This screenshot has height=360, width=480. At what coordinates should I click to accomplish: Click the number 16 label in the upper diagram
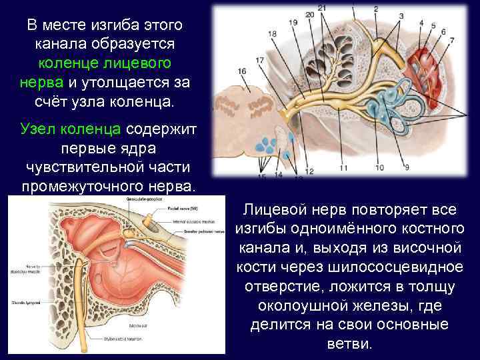[241, 71]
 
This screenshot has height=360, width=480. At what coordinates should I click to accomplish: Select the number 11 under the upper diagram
[343, 169]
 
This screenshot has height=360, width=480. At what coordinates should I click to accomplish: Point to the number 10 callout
[379, 169]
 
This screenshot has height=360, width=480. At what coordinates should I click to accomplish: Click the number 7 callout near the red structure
[453, 40]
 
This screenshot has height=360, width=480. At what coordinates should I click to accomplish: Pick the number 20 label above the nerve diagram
[309, 14]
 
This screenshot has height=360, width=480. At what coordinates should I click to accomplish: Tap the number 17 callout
[259, 59]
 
